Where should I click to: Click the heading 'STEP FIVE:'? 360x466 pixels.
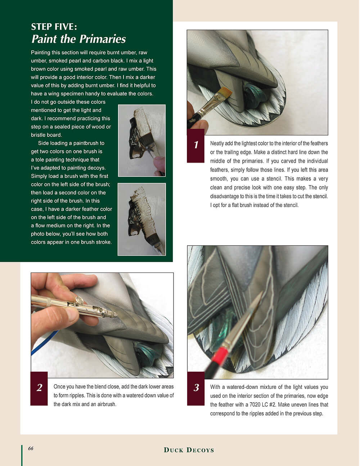tap(54, 27)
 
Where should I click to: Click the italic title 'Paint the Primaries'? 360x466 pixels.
tap(78, 39)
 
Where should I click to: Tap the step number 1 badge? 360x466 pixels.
tap(196, 145)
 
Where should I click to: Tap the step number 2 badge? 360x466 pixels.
tap(39, 388)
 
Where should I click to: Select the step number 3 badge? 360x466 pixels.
tap(196, 388)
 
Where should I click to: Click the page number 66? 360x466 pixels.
tap(31, 448)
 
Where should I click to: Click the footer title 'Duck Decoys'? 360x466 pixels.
tap(189, 450)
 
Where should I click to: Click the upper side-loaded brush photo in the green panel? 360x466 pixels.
tap(142, 140)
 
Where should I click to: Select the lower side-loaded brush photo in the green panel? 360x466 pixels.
tap(142, 219)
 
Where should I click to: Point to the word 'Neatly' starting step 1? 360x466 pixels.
tap(217, 143)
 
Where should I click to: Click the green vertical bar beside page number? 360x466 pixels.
tap(22, 455)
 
